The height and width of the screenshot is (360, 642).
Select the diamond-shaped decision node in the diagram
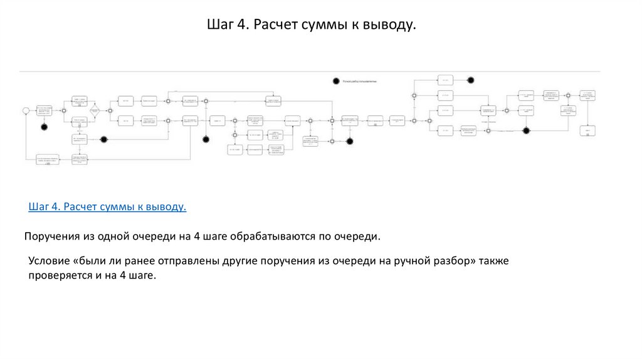coord(93,111)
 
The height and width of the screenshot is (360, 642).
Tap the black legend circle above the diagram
coord(336,82)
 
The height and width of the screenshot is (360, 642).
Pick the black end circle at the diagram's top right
coord(470,80)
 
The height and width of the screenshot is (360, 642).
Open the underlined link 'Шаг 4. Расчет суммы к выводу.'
coord(107,207)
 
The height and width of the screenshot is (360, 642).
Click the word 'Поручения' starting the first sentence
coord(51,237)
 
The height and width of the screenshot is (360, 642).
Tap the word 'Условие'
coord(50,261)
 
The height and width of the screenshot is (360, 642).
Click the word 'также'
coord(493,261)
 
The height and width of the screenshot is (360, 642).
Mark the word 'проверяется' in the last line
coord(60,276)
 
